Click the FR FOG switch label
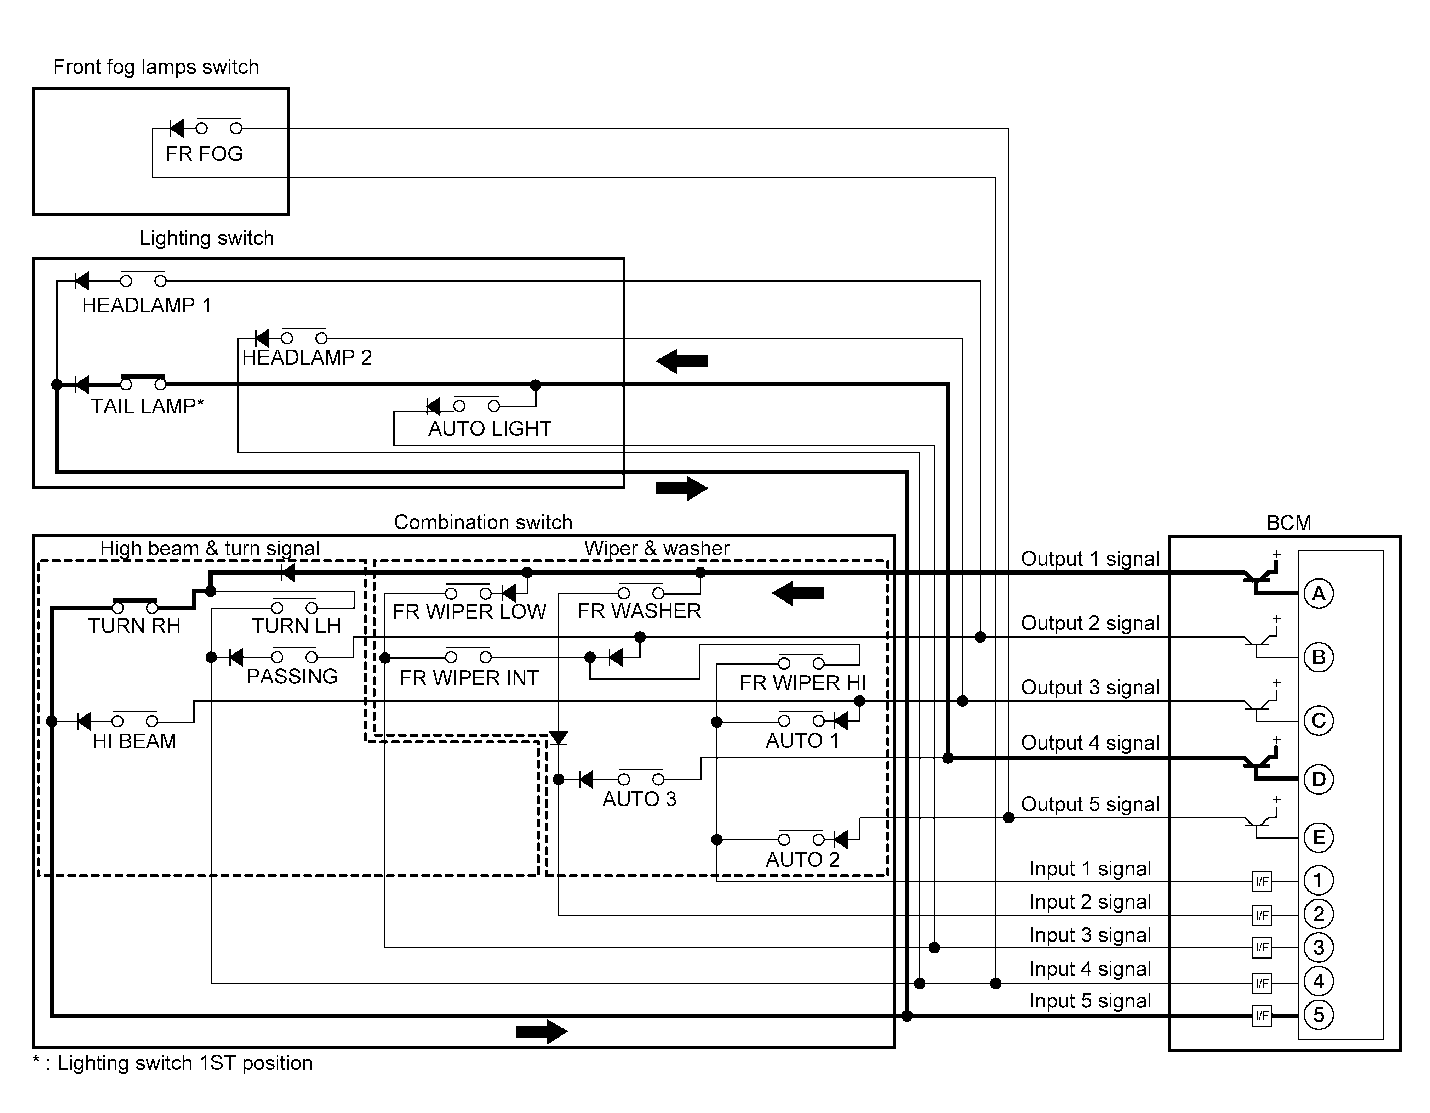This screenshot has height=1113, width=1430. (x=204, y=154)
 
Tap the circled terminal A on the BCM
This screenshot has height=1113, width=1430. (x=1319, y=593)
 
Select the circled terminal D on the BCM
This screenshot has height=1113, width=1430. (x=1319, y=779)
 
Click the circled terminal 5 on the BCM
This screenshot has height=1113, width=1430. (x=1319, y=1015)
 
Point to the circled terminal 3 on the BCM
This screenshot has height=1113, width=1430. (x=1319, y=947)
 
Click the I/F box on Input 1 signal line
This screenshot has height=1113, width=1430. (x=1262, y=882)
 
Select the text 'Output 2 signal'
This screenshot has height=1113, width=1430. (x=1090, y=623)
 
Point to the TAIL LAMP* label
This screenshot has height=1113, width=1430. (x=147, y=406)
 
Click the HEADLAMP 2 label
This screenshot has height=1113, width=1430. (x=307, y=358)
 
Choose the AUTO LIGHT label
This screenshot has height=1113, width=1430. (x=490, y=429)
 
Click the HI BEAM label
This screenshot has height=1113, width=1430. (x=134, y=741)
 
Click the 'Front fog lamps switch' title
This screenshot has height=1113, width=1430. (x=156, y=67)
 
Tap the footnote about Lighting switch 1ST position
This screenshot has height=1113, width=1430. (x=173, y=1063)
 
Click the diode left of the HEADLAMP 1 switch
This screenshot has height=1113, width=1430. (x=82, y=281)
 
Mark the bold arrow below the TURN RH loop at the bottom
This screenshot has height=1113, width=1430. (x=542, y=1032)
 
